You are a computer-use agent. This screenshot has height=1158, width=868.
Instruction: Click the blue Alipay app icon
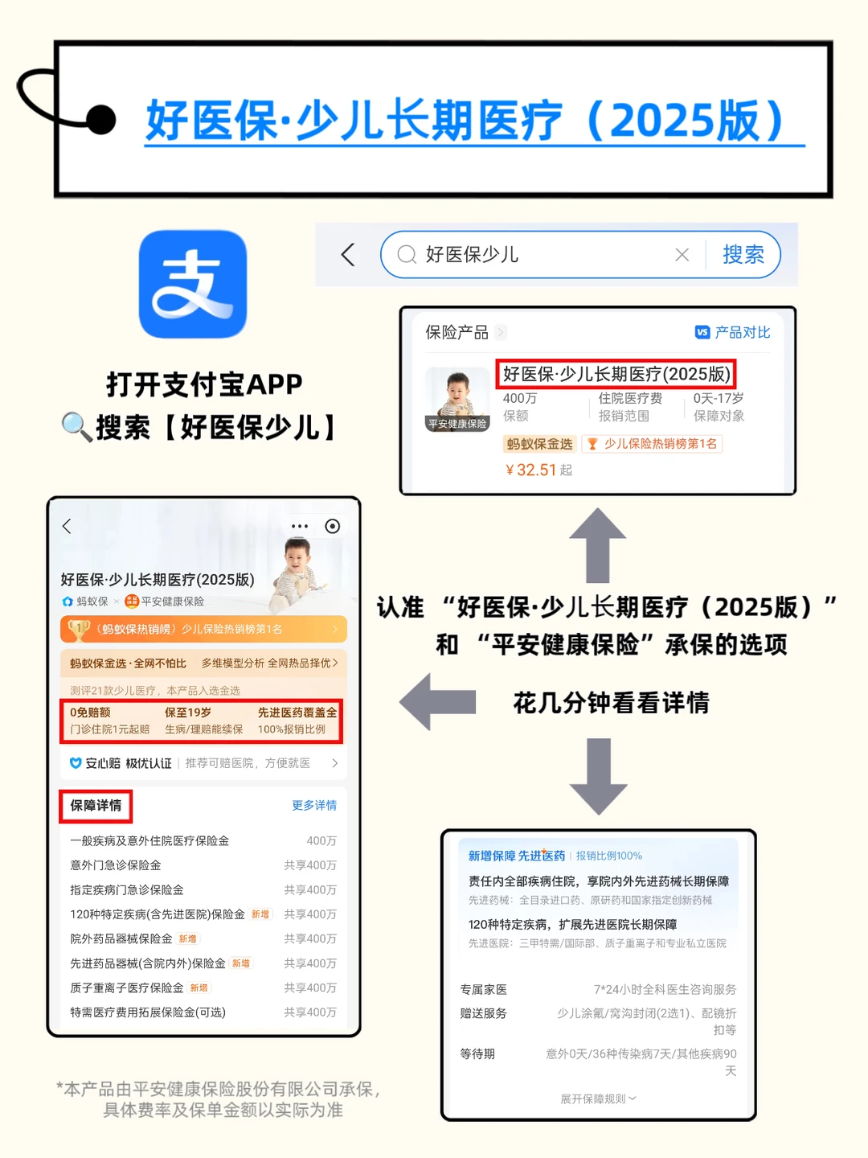point(193,284)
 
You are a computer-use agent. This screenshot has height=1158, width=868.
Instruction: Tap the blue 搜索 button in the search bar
point(743,255)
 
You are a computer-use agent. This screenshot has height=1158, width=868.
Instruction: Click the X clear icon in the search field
point(682,256)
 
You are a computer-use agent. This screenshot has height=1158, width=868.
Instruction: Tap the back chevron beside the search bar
point(348,255)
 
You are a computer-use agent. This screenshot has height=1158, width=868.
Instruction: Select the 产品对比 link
point(732,332)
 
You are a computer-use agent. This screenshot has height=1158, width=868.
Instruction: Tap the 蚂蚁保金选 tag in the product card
point(539,444)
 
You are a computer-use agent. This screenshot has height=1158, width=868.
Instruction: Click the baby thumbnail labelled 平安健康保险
point(457,400)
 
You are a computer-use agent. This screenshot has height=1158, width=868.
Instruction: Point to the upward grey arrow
point(598,545)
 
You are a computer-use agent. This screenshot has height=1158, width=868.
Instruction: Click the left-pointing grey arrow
point(437,702)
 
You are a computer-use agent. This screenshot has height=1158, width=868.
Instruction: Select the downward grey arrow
point(598,776)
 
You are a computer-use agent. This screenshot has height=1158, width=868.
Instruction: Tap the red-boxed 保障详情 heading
point(96,806)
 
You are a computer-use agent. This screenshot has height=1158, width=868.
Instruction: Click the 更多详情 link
point(314,805)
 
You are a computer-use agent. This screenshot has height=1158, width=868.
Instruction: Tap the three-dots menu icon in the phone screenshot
point(299,526)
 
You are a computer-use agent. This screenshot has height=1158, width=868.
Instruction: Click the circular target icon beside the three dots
point(333,526)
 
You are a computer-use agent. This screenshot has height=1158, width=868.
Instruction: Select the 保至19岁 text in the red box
point(187,712)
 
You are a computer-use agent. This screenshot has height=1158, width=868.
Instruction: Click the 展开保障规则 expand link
point(598,1098)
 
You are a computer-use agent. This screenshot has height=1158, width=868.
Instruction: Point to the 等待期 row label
point(477,1053)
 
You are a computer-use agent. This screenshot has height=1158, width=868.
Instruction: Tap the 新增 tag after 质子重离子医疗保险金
point(199,988)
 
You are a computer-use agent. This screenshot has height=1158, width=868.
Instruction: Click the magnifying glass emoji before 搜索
point(77,427)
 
